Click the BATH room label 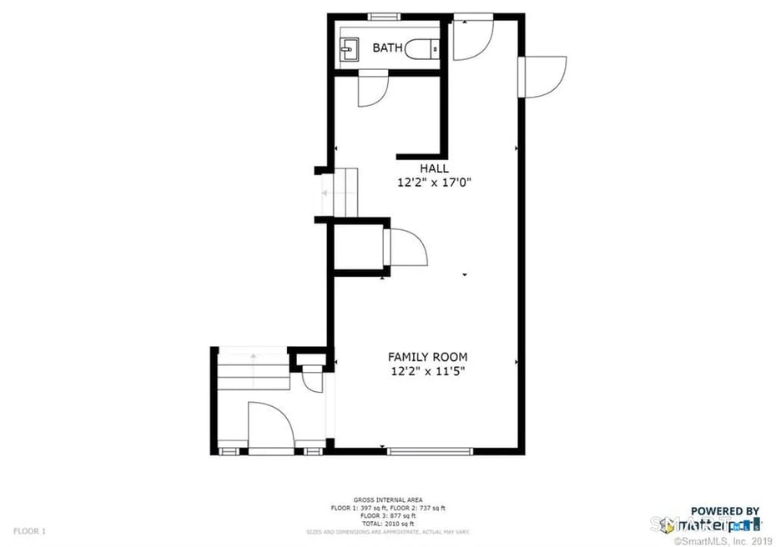click(386, 48)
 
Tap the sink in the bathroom click(350, 50)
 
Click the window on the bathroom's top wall click(383, 16)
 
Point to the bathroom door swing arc click(373, 91)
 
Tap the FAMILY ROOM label click(427, 357)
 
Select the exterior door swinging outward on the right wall click(544, 77)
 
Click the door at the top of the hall click(472, 40)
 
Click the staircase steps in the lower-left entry click(250, 369)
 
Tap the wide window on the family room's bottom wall click(430, 452)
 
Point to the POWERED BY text click(724, 510)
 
